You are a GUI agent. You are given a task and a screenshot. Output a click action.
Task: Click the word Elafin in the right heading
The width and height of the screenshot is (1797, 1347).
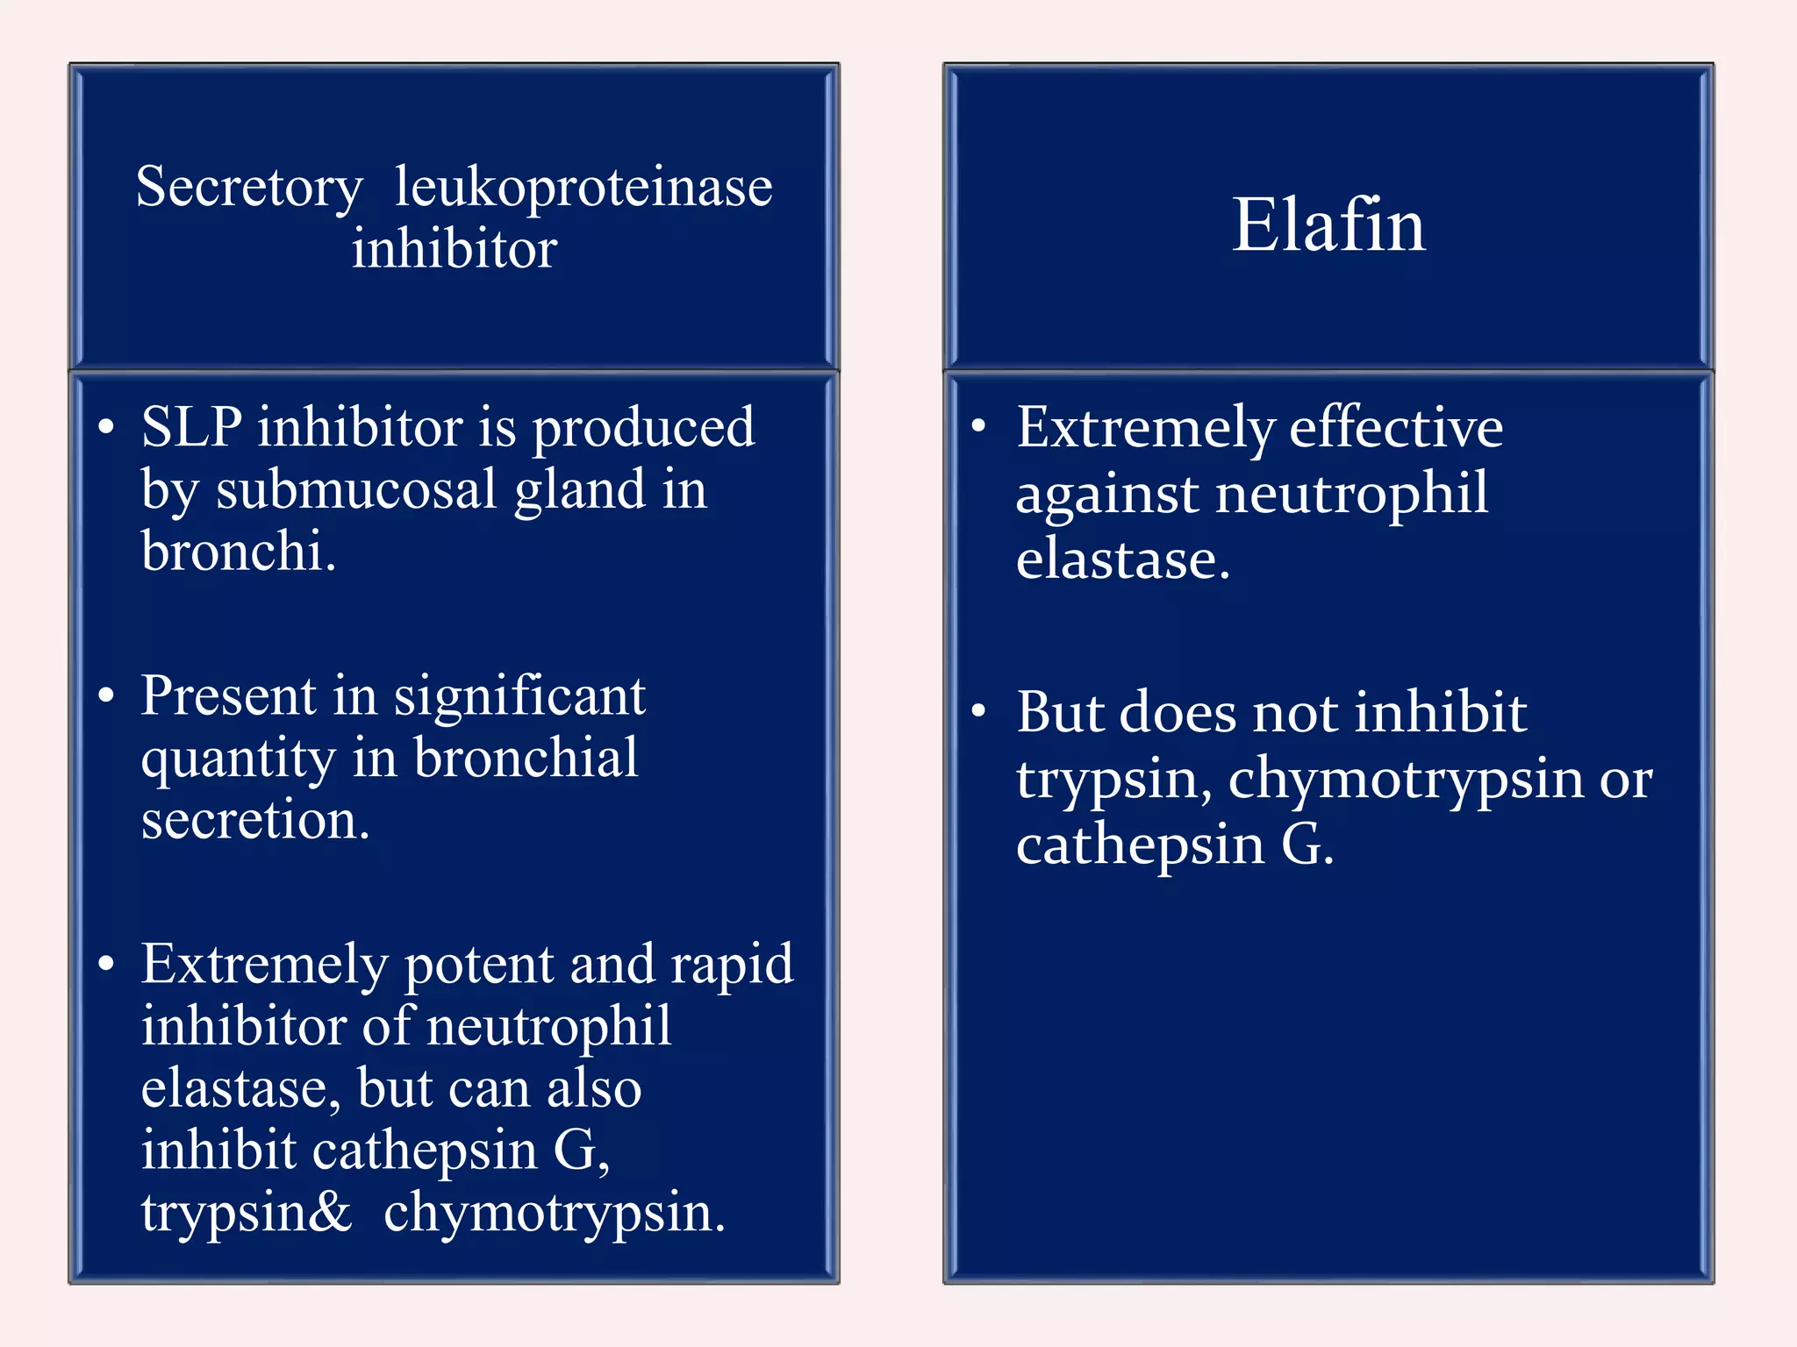pyautogui.click(x=1328, y=225)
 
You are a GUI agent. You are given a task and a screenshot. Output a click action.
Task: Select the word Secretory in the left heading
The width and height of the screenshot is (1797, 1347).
pyautogui.click(x=249, y=188)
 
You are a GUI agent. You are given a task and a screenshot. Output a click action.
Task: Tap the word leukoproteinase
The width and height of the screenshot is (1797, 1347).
pyautogui.click(x=583, y=188)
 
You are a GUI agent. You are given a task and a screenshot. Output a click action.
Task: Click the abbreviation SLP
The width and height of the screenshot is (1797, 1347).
pyautogui.click(x=191, y=428)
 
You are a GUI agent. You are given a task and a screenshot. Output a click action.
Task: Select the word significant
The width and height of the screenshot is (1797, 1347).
pyautogui.click(x=519, y=697)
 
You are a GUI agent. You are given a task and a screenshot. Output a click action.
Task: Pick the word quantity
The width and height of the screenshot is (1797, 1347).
pyautogui.click(x=238, y=759)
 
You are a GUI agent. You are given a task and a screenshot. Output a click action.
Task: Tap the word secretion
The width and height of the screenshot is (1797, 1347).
pyautogui.click(x=255, y=821)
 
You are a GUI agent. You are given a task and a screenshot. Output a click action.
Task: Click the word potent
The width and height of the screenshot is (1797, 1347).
pyautogui.click(x=479, y=966)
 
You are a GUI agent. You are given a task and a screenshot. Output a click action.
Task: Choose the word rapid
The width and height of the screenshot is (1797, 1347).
pyautogui.click(x=732, y=966)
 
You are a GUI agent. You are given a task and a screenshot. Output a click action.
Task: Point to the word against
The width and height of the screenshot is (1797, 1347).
pyautogui.click(x=1106, y=495)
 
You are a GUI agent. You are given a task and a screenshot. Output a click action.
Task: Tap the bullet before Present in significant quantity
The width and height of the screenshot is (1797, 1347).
pyautogui.click(x=106, y=695)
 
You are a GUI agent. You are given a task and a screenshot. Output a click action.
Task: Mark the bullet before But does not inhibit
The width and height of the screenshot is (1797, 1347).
pyautogui.click(x=979, y=710)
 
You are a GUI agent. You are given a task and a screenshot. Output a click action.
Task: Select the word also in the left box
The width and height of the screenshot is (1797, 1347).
pyautogui.click(x=594, y=1089)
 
